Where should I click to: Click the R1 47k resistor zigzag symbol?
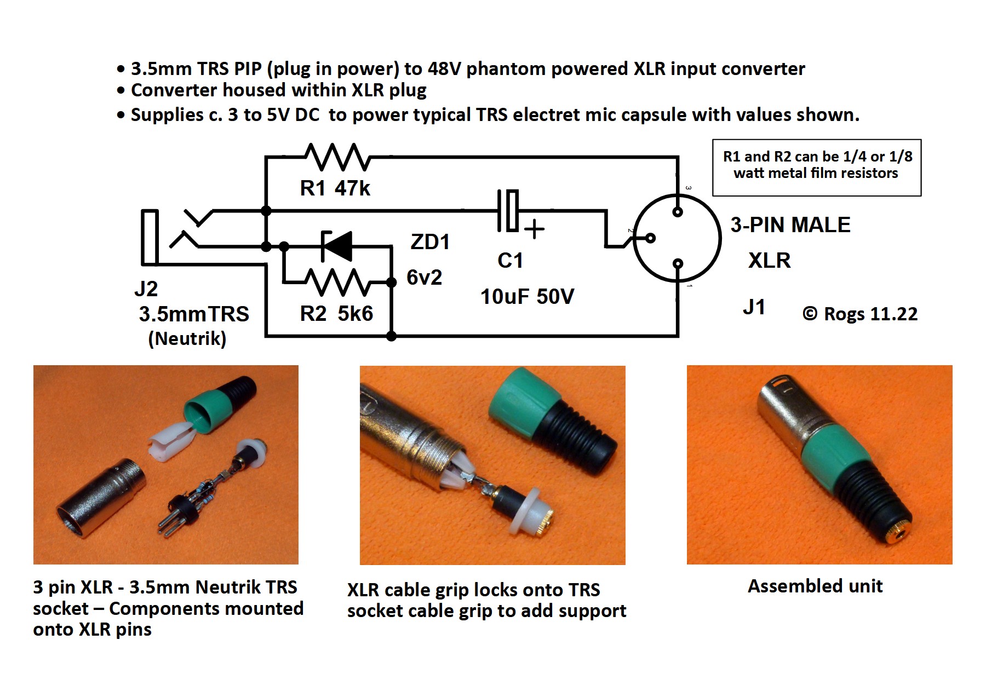337,157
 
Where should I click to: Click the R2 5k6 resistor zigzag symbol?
337,283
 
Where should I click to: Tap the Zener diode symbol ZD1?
337,246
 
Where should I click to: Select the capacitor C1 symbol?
508,210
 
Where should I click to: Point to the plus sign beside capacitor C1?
534,229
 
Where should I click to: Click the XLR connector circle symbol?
677,238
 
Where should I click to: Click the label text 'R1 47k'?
335,188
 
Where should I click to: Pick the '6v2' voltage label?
424,278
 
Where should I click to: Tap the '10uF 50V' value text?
527,297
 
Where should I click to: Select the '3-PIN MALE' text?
790,225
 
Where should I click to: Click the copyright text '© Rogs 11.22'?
860,314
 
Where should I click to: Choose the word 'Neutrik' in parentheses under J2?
187,338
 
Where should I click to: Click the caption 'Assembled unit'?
815,586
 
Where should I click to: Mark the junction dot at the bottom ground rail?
392,336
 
